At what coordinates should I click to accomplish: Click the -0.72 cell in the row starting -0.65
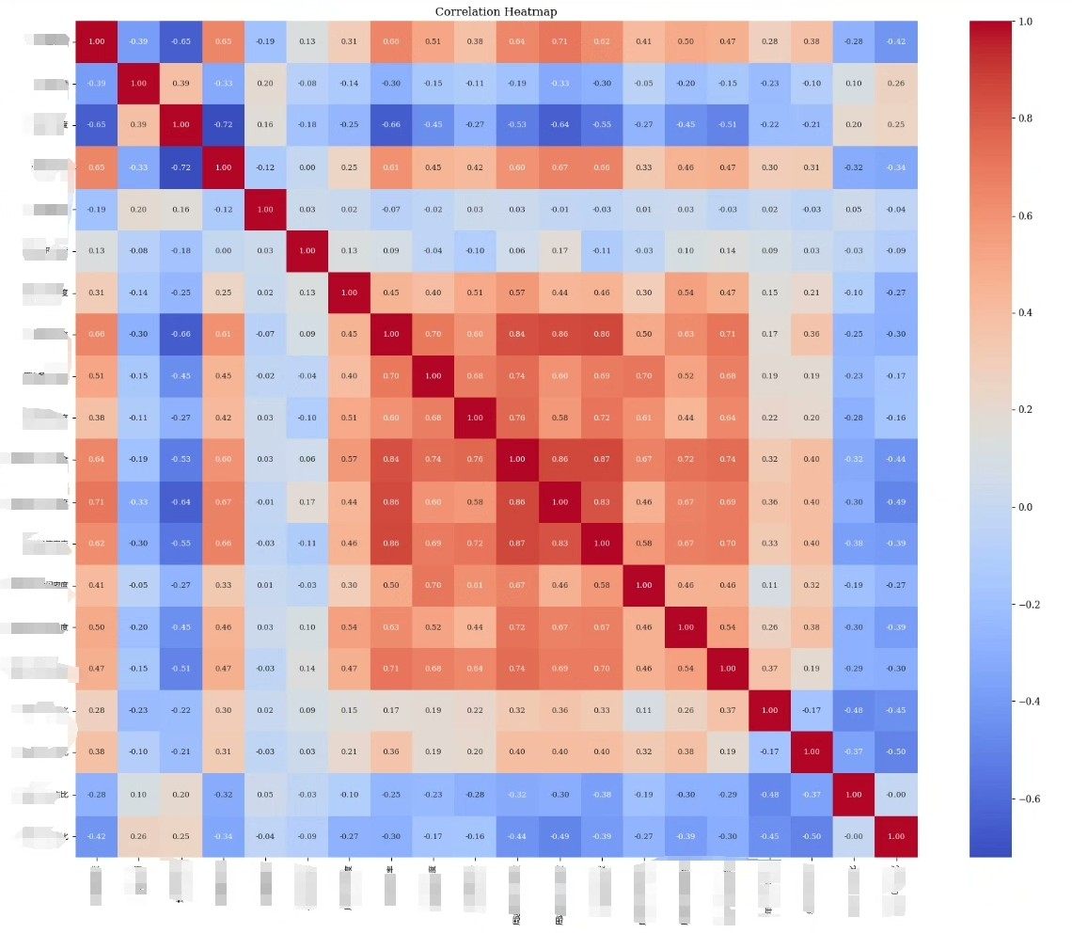pos(224,124)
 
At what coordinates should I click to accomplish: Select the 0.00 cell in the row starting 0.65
pos(308,166)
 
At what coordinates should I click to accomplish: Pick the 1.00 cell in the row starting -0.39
pos(139,83)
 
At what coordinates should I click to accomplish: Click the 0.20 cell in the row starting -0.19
pos(139,209)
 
